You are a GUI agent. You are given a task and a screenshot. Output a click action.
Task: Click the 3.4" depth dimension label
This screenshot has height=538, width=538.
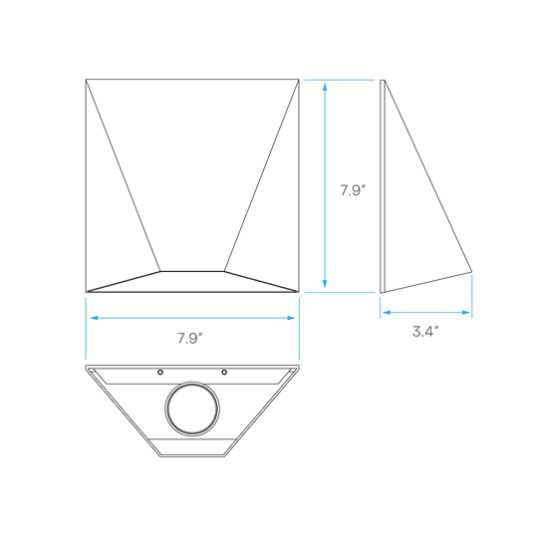click(425, 332)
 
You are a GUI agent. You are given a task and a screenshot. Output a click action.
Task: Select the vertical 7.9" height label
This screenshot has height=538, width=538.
click(354, 190)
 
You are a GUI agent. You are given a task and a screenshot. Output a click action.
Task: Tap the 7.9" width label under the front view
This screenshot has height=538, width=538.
click(190, 339)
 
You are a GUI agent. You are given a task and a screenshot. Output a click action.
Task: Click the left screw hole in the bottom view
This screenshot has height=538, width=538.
click(160, 372)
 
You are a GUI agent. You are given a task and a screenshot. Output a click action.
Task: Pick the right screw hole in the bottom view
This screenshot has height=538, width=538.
click(224, 372)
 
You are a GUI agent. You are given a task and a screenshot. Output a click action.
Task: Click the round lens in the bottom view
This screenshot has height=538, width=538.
click(192, 409)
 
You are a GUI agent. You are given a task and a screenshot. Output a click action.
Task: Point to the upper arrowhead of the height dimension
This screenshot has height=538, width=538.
click(325, 87)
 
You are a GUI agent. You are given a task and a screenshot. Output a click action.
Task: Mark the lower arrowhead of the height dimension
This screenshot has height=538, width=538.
click(325, 283)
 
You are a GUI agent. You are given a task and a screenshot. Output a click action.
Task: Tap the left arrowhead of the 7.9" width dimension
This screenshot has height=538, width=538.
click(95, 318)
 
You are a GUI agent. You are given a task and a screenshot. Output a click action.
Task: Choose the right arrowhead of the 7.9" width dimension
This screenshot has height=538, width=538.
click(291, 318)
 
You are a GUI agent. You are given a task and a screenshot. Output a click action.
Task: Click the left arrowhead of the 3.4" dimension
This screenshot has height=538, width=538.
click(387, 312)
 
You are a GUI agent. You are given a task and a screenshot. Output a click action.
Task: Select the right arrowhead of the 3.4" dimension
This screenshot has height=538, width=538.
click(465, 312)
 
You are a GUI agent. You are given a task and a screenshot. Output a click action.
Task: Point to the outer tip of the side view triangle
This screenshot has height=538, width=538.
click(472, 272)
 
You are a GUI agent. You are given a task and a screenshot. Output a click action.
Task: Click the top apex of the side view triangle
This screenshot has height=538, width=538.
click(385, 81)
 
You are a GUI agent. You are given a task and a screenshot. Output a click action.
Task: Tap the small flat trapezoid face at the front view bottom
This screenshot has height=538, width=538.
click(192, 282)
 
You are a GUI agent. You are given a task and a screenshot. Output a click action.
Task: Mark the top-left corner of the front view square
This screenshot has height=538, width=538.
click(86, 80)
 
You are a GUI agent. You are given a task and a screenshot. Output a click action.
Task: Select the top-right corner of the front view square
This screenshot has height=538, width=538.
click(299, 80)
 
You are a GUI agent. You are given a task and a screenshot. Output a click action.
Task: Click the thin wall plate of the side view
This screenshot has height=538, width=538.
click(383, 186)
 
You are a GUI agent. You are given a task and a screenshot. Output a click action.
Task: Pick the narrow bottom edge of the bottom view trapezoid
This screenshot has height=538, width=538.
click(192, 456)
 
